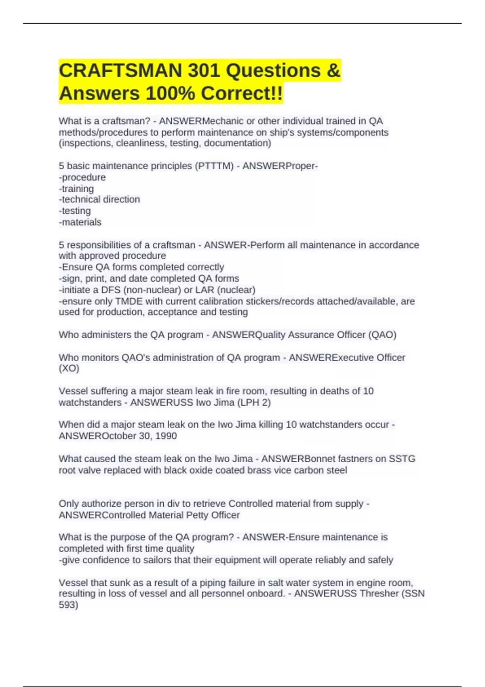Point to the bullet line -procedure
[x=82, y=177]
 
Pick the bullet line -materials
[x=80, y=222]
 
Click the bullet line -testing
[x=75, y=211]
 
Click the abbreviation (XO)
[x=69, y=369]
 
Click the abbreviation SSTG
[x=402, y=459]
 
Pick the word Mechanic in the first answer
[x=223, y=121]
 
